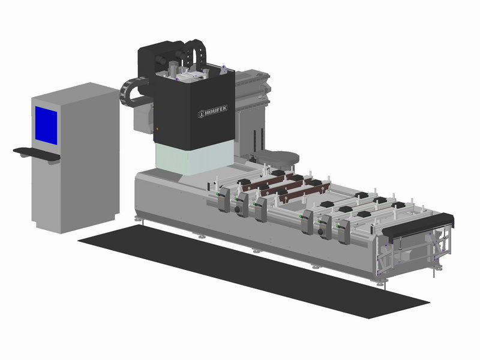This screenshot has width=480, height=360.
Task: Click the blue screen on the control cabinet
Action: coord(46,125)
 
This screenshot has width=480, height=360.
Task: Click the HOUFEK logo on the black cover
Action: coord(213,112)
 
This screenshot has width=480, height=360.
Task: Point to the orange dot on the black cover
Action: coord(157,129)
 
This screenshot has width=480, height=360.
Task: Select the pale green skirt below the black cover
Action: coord(194,158)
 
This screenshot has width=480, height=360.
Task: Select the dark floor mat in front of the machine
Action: coord(253,272)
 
